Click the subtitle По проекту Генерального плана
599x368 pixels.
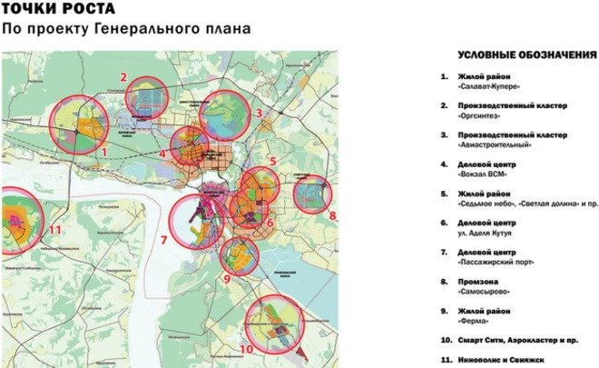click(126, 30)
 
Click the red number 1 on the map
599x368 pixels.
click(105, 153)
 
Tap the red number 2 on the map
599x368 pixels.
click(123, 77)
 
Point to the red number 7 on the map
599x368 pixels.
click(163, 241)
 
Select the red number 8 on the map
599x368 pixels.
click(332, 215)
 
